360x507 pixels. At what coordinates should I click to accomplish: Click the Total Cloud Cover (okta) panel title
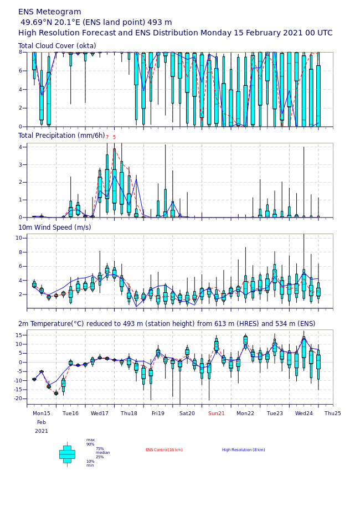[57, 46]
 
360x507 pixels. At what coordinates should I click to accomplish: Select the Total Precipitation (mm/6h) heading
[61, 136]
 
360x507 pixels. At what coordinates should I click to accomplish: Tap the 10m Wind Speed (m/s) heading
[54, 227]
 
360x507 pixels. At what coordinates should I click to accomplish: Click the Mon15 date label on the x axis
[42, 413]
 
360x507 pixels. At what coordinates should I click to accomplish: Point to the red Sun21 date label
[217, 413]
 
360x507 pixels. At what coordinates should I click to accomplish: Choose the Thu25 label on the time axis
[333, 413]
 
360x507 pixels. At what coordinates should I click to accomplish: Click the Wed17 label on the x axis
[100, 413]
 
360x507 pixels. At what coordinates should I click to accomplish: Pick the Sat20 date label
[187, 413]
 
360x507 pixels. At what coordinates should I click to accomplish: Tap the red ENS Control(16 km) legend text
[164, 450]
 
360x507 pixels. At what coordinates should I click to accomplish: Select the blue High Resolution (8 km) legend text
[244, 450]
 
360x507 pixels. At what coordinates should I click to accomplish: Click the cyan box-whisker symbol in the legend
[67, 454]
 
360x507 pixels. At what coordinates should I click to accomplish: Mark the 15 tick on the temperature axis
[18, 335]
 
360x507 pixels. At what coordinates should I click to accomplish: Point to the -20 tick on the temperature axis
[17, 399]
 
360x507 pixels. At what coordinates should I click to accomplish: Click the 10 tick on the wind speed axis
[18, 238]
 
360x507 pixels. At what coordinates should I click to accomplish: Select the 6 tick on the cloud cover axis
[20, 71]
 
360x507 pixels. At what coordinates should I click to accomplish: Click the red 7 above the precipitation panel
[107, 137]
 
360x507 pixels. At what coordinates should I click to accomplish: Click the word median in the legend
[102, 453]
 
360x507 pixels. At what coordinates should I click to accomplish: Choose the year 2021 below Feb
[42, 431]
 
